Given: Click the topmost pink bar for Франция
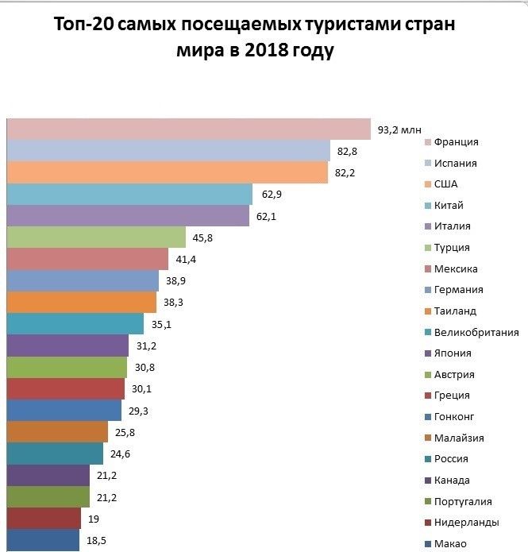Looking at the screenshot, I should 189,129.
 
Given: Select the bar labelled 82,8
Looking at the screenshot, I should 168,151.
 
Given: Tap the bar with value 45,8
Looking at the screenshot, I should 96,237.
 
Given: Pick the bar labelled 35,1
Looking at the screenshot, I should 75,324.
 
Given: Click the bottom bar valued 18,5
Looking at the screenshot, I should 43,540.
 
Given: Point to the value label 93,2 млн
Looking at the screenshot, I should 399,129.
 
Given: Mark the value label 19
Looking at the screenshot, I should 94,519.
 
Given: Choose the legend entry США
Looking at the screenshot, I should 446,184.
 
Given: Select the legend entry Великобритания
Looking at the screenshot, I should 476,333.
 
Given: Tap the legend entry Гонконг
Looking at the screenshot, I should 456,417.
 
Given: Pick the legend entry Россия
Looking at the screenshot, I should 451,459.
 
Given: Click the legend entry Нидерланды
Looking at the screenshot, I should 467,523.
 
